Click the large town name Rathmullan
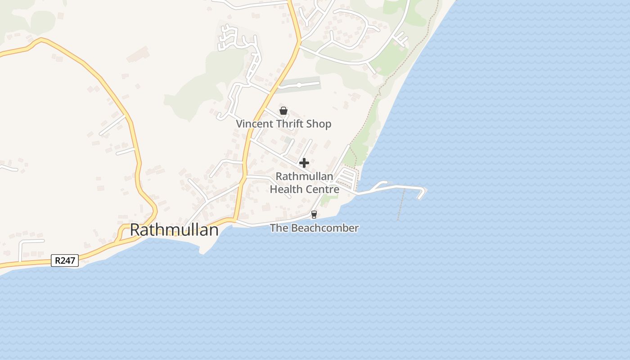coord(174,230)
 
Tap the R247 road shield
coord(65,261)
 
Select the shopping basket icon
coord(283,111)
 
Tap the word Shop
coord(319,124)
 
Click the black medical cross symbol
coord(304,163)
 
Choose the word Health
coord(286,189)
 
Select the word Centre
coord(322,189)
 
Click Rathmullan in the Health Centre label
coord(304,176)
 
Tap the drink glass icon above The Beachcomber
coord(314,215)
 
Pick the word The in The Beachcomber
coord(279,228)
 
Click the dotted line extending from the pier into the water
coord(401,205)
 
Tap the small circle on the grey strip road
coord(299,85)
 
